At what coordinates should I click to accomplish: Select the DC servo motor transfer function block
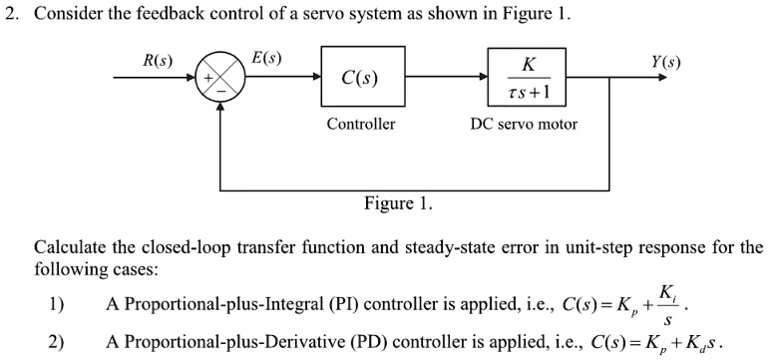tap(529, 77)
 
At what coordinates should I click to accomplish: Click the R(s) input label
tap(158, 59)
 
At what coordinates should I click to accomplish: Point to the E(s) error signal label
tap(266, 57)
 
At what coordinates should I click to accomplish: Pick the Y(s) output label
tap(664, 59)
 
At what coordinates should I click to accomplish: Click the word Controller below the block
tap(360, 125)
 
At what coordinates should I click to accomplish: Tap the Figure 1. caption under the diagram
tap(398, 203)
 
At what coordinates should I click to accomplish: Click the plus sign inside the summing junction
tap(209, 77)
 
